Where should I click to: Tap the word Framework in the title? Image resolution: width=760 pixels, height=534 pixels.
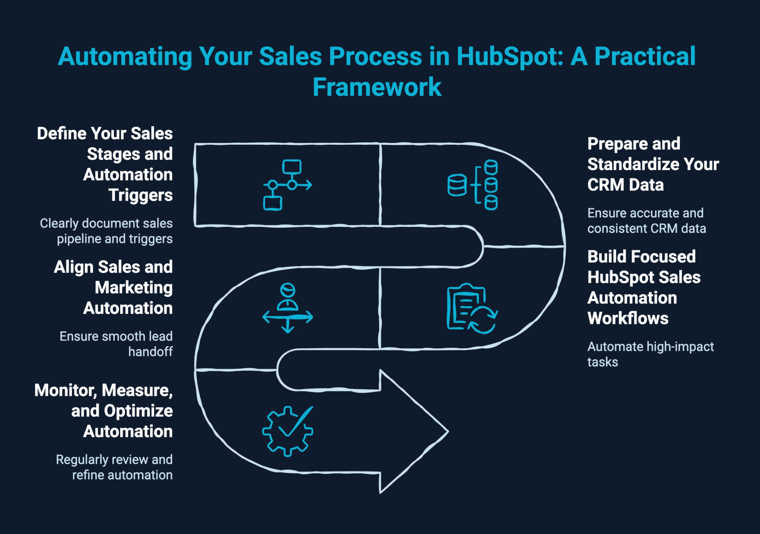click(377, 87)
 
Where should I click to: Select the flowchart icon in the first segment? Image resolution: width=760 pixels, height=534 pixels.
click(287, 185)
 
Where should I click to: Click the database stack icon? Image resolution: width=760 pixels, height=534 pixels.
click(473, 185)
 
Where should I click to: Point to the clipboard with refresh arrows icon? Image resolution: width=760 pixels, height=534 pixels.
click(472, 308)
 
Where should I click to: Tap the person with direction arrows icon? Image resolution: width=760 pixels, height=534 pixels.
click(287, 308)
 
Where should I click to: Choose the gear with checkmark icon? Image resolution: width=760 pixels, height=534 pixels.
click(287, 431)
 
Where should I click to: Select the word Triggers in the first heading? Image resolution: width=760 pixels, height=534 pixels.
click(140, 195)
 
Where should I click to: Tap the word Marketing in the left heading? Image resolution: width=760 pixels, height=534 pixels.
click(133, 287)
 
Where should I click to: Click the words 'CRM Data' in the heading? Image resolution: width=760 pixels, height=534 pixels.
click(625, 185)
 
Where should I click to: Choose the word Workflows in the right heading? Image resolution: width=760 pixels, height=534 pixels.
click(627, 318)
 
